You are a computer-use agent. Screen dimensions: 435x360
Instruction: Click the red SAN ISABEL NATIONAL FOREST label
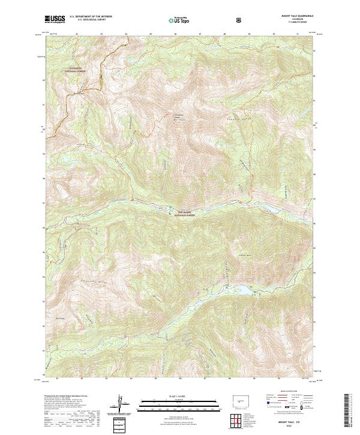pyautogui.click(x=187, y=212)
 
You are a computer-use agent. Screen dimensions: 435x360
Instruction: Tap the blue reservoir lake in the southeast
pyautogui.click(x=246, y=292)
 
